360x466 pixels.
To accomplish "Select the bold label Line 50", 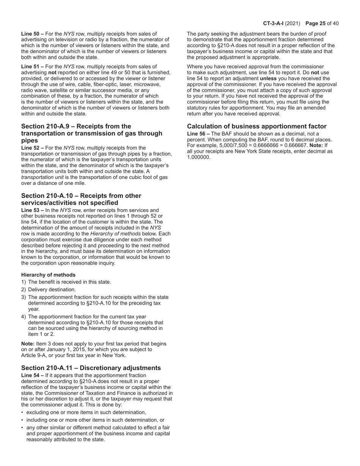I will (31, 34).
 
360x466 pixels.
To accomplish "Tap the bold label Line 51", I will (31, 67).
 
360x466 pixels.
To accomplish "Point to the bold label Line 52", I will (31, 148).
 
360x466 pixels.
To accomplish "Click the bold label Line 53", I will (31, 210).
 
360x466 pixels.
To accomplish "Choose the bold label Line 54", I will (31, 375).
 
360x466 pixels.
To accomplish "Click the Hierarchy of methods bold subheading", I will (48, 275).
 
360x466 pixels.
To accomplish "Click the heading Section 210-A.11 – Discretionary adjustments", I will (91, 368).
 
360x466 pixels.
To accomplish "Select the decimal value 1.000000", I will (199, 157).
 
